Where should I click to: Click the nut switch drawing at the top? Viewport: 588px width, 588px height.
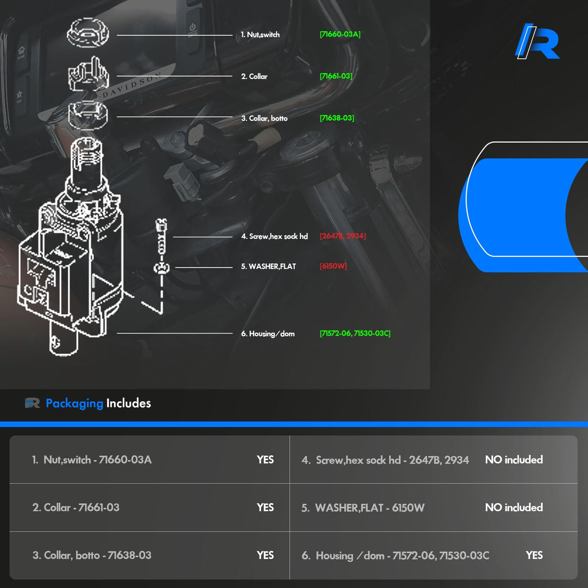tap(88, 32)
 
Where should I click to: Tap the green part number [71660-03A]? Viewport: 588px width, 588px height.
tap(340, 34)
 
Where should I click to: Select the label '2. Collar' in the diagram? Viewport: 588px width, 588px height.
tap(254, 76)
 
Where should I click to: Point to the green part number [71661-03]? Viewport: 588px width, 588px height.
tap(336, 76)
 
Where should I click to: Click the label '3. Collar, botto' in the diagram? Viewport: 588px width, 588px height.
tap(264, 118)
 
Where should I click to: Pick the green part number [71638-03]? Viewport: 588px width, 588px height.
tap(336, 118)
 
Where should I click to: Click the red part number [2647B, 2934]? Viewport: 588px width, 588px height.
tap(342, 236)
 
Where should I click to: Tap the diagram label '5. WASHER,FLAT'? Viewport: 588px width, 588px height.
tap(268, 267)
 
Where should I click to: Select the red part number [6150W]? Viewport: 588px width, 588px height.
tap(333, 266)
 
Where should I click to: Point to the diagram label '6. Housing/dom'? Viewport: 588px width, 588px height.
tap(268, 334)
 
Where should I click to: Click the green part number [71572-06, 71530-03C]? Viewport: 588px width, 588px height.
tap(355, 333)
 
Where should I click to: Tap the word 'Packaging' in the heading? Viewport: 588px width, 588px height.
tap(74, 403)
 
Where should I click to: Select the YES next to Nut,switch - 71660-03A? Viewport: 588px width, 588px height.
tap(265, 460)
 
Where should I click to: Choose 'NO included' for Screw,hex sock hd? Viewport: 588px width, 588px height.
tap(514, 460)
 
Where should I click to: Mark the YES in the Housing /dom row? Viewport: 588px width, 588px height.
tap(534, 555)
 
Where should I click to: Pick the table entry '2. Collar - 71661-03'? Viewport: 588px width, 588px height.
tap(76, 508)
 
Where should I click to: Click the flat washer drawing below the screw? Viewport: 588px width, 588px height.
tap(161, 268)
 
